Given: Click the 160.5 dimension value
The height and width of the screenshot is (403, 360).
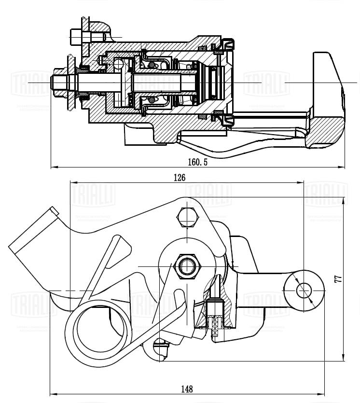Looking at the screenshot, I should coord(198,162).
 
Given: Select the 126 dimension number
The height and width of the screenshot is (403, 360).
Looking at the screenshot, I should coord(179,177).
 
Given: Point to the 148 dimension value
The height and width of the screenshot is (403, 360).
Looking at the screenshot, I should coord(187,389).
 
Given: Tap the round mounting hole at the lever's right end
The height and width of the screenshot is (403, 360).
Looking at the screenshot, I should coord(304,290).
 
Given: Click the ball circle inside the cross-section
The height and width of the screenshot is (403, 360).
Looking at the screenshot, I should coord(119,64).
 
